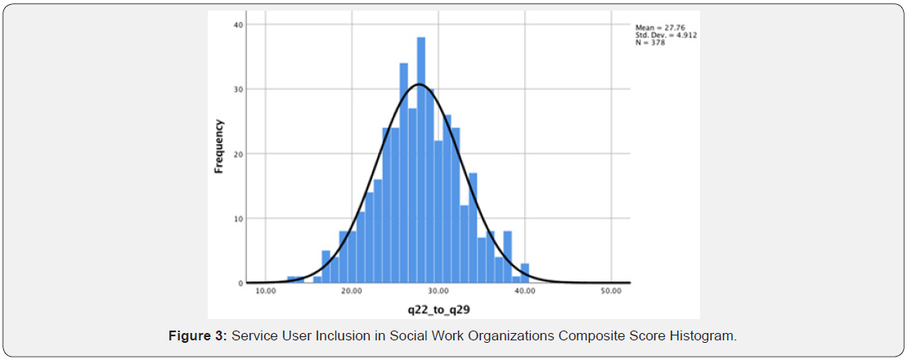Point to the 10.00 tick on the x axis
(x=266, y=291)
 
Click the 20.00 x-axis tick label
(x=352, y=291)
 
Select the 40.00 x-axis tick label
(x=524, y=291)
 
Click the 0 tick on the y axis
(x=240, y=283)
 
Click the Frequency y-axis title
(x=219, y=147)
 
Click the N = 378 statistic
(x=650, y=43)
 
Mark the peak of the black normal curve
(x=419, y=83)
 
